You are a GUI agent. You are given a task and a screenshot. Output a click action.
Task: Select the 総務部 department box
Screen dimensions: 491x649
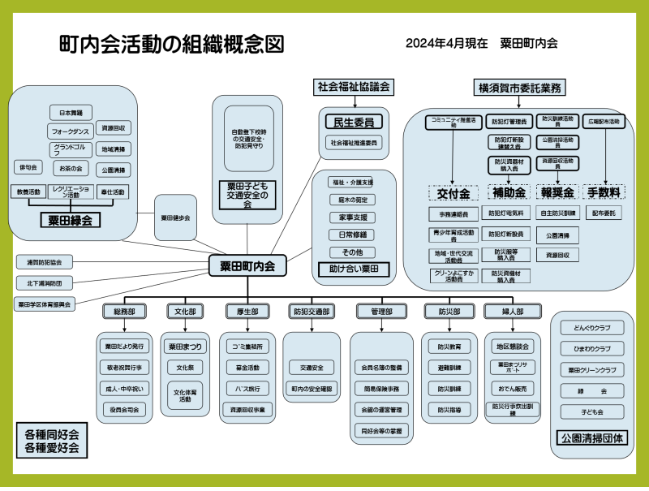[x=124, y=311]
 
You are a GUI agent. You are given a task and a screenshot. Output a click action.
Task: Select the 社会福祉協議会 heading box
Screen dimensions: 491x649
[x=354, y=86]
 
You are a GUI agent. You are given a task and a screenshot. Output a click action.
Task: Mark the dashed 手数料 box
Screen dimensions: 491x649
[x=604, y=192]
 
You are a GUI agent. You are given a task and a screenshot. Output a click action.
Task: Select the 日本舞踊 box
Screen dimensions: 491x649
[x=71, y=113]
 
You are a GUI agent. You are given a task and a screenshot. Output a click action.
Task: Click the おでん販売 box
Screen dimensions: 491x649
[x=512, y=387]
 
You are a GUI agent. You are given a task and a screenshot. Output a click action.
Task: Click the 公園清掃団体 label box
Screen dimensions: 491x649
[x=591, y=438]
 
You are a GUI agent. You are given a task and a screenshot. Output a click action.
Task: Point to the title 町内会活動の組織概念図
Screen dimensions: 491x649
[x=172, y=45]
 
